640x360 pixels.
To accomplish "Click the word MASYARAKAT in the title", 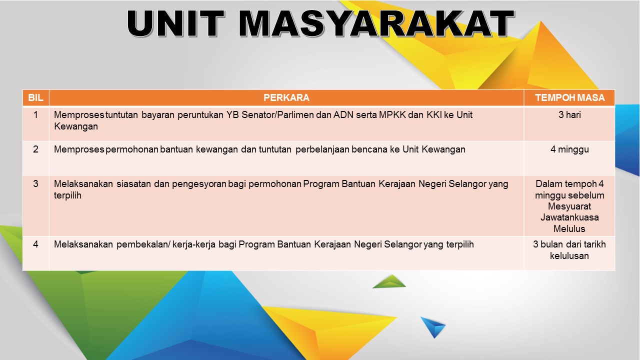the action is pyautogui.click(x=376, y=23).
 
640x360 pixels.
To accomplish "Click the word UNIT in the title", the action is pyautogui.click(x=175, y=23).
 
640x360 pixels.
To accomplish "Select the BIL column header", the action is pyautogui.click(x=35, y=97).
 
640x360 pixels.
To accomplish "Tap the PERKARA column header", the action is pyautogui.click(x=286, y=97).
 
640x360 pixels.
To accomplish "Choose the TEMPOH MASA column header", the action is pyautogui.click(x=569, y=97).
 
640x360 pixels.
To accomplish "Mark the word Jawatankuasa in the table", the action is pyautogui.click(x=569, y=217).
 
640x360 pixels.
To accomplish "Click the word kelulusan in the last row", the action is pyautogui.click(x=569, y=255).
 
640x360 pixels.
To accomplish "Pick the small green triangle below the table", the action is pyautogui.click(x=389, y=281).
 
